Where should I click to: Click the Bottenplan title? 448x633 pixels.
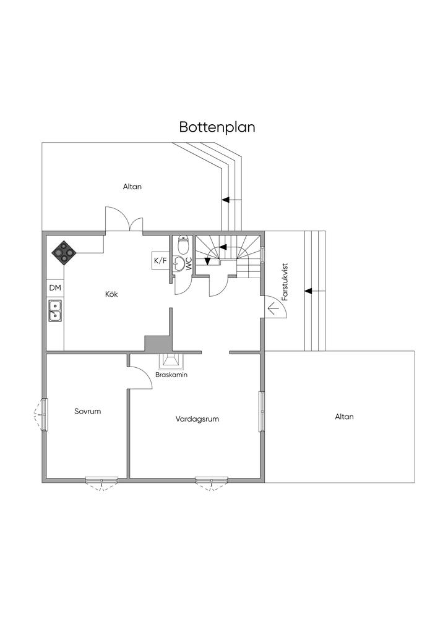217,127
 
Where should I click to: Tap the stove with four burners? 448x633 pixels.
64,252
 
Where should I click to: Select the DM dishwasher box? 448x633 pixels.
55,288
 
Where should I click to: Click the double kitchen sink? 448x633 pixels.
55,310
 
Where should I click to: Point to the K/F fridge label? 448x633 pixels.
160,261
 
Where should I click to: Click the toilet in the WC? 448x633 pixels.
183,246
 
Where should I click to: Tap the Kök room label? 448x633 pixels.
111,294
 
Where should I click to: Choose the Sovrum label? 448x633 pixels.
87,411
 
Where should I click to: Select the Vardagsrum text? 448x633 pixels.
197,418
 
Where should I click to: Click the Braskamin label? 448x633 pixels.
171,375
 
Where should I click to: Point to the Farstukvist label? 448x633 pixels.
285,283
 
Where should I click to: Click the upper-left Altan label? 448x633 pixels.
132,186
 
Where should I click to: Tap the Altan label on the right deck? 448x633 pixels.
344,417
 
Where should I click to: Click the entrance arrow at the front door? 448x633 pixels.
272,307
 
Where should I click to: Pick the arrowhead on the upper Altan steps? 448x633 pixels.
225,200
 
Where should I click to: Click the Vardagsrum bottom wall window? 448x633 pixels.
212,480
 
